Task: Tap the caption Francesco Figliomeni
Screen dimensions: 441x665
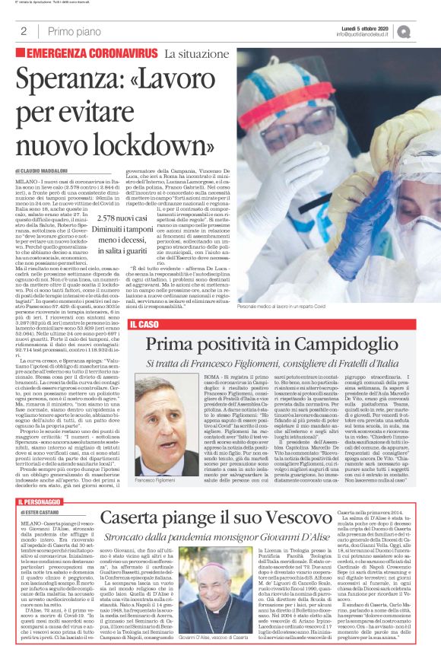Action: pyautogui.click(x=155, y=460)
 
